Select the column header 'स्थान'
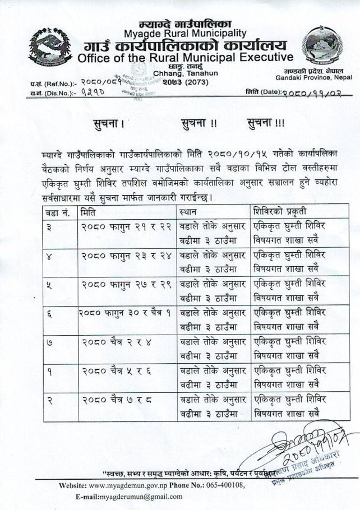[188, 213]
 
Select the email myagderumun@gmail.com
[141, 497]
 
